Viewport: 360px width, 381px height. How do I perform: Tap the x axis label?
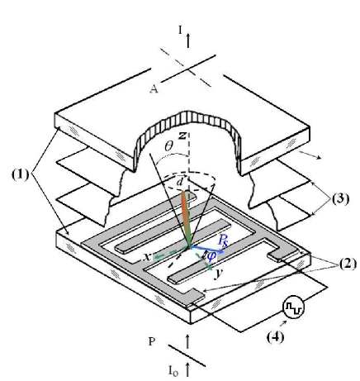click(x=147, y=256)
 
